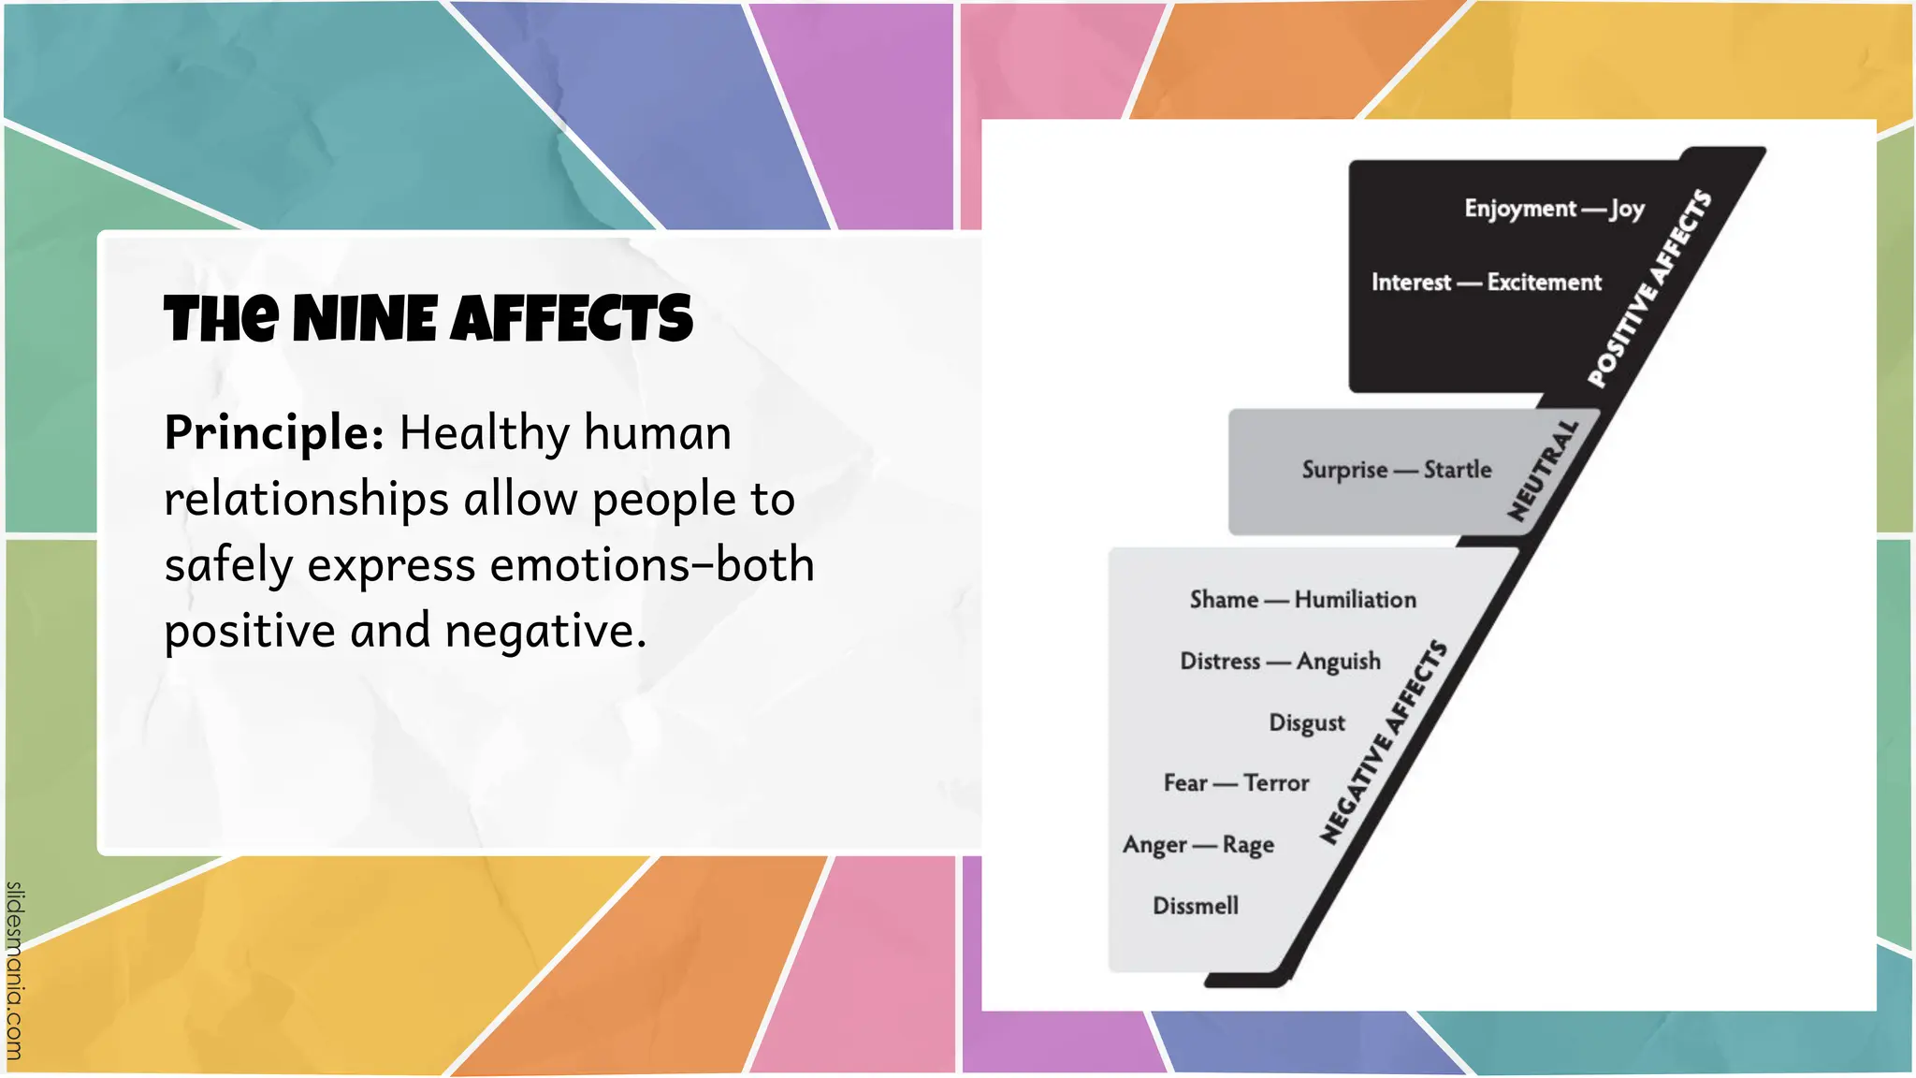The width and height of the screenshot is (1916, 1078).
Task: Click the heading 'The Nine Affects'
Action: [x=428, y=319]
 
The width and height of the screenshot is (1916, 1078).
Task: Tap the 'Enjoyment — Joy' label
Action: [x=1554, y=209]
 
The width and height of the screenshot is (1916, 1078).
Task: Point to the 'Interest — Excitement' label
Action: [x=1486, y=283]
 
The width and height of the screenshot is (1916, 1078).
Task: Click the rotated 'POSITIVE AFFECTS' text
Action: [x=1650, y=288]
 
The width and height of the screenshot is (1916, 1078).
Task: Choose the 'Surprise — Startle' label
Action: [x=1396, y=470]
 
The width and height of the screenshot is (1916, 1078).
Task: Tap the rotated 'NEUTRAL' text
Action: [x=1543, y=471]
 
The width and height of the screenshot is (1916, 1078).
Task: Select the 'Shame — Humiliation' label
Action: [x=1302, y=600]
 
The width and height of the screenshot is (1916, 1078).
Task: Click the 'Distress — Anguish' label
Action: [x=1280, y=662]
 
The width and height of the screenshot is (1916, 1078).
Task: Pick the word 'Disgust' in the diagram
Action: [x=1307, y=723]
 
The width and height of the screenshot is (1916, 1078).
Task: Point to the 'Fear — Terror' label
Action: [x=1236, y=783]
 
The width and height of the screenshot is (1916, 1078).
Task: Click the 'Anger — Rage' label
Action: [x=1198, y=845]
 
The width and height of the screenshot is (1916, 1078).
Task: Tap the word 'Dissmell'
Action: [x=1196, y=906]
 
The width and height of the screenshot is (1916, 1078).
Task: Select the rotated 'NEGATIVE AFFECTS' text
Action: [x=1384, y=743]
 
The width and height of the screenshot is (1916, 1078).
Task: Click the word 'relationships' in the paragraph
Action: [x=306, y=499]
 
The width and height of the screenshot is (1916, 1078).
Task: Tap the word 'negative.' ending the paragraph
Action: [x=545, y=631]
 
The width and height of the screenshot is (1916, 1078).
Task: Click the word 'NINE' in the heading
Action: [x=365, y=319]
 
